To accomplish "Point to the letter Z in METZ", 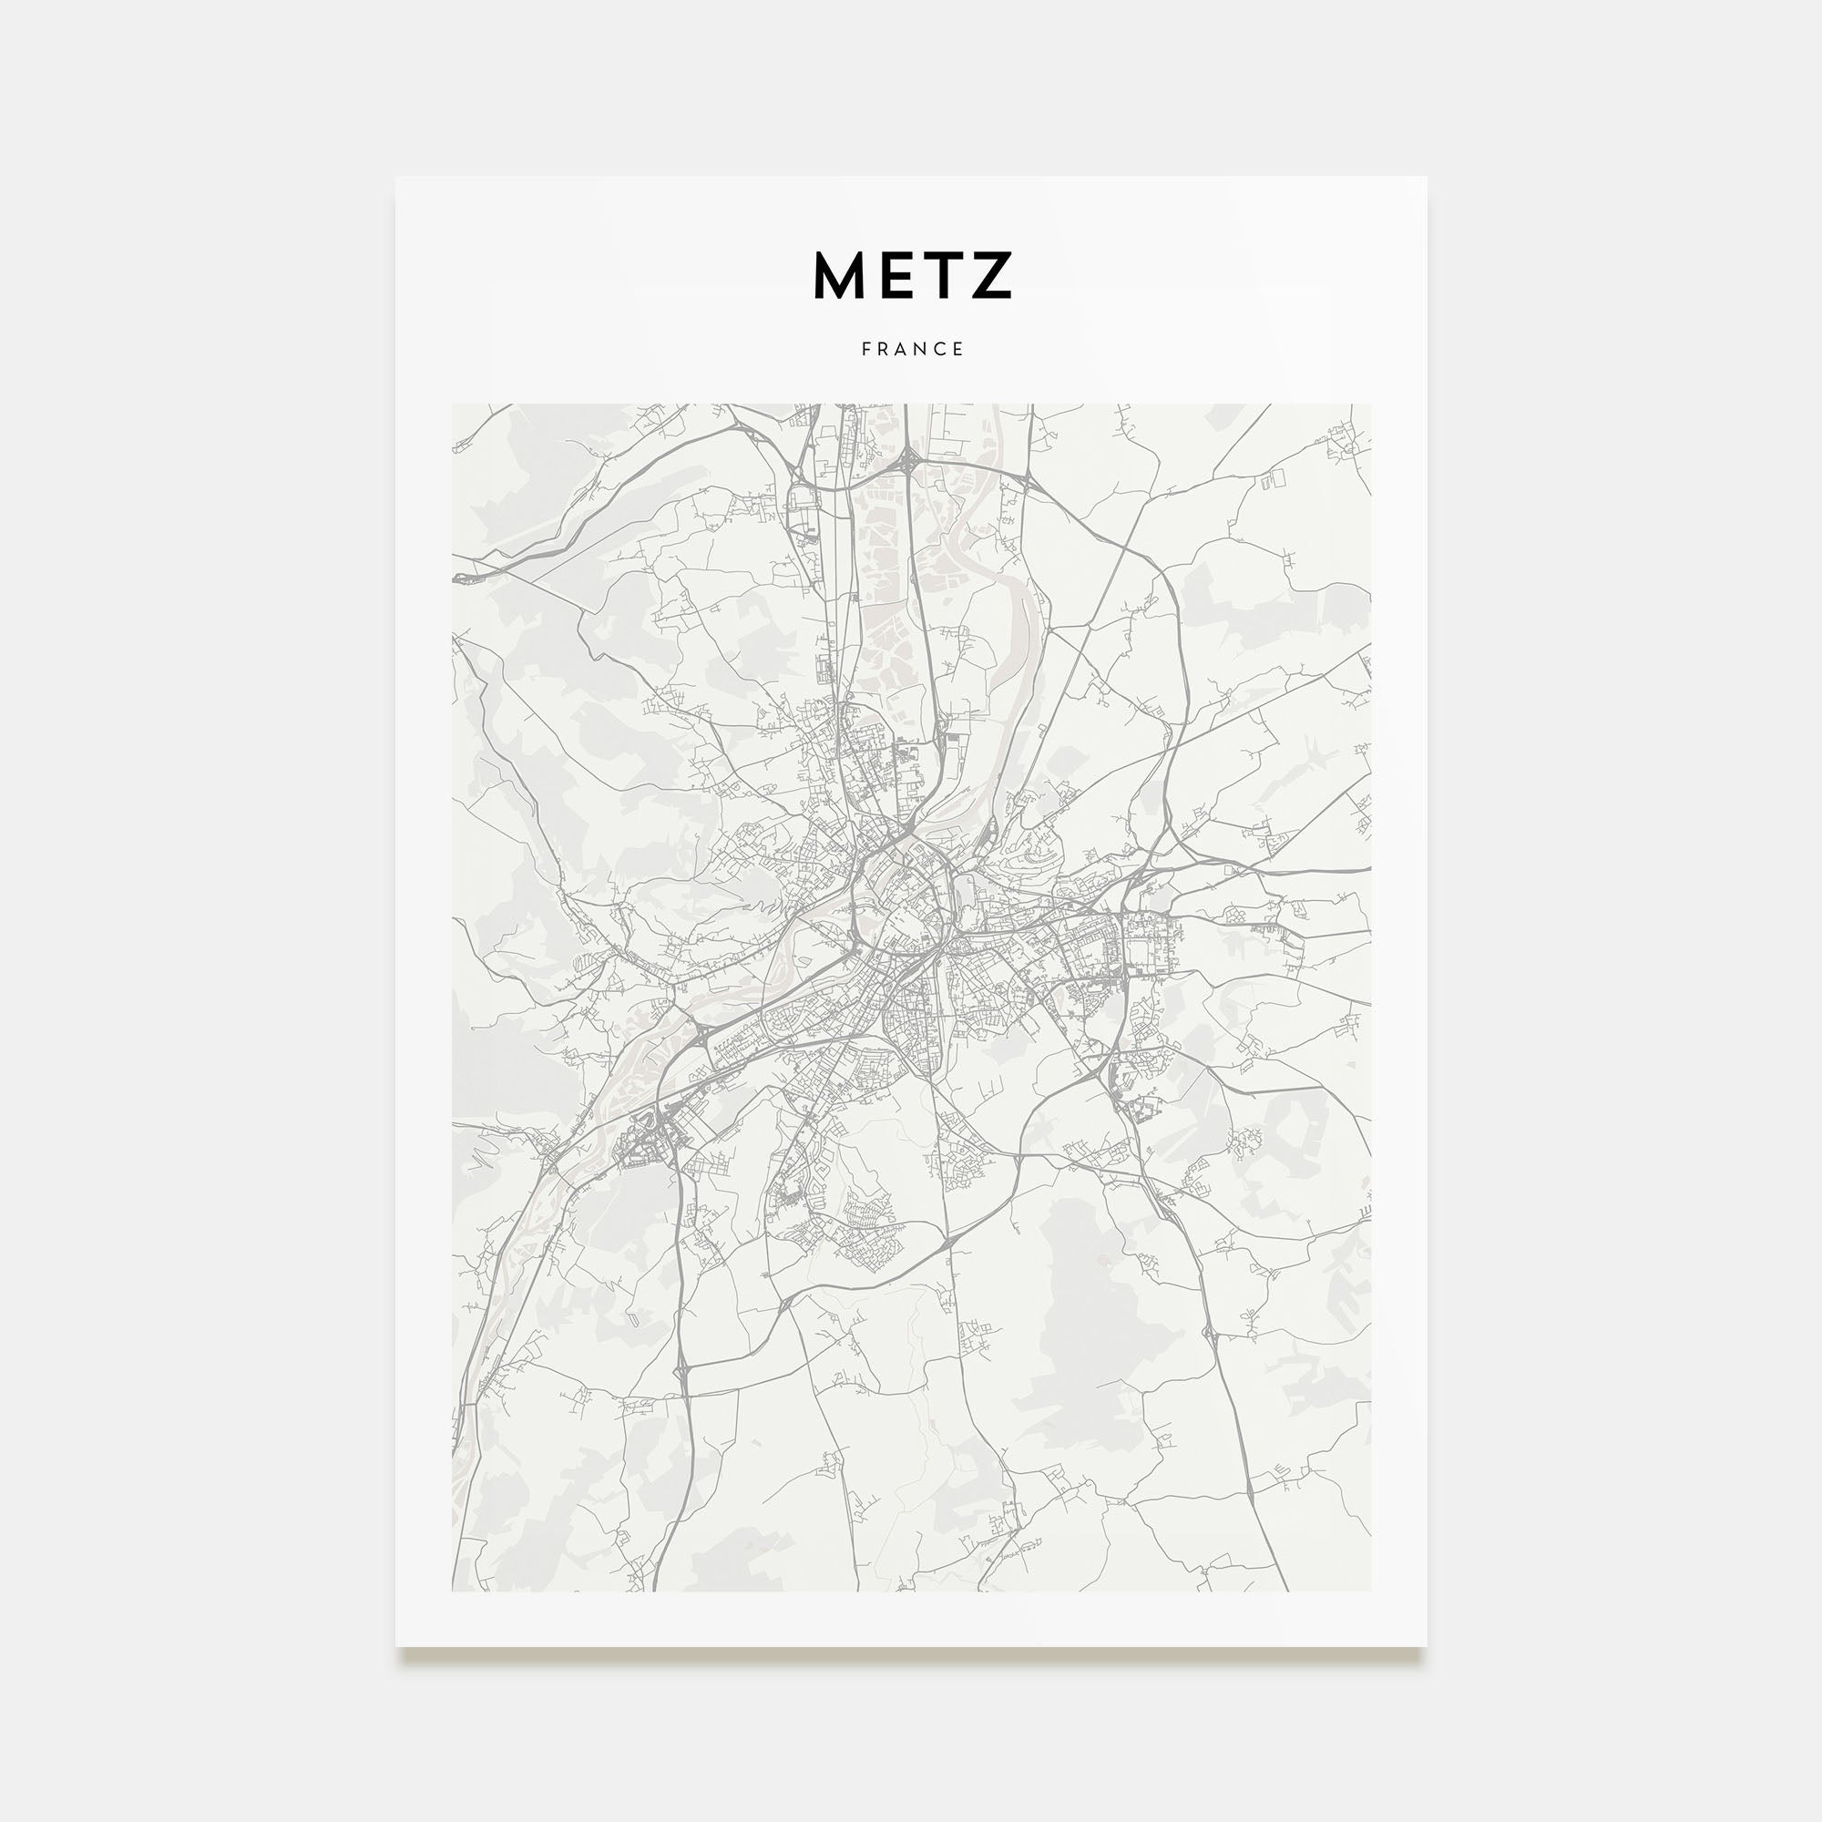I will [x=991, y=275].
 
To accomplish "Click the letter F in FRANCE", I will [x=865, y=349].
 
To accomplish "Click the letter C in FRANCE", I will [x=941, y=349].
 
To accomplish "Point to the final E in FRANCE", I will [x=959, y=349].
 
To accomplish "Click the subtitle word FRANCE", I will [x=912, y=349].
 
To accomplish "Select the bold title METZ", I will [x=912, y=275].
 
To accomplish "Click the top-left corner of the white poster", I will [x=397, y=179].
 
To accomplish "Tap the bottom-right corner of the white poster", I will [x=1425, y=1645].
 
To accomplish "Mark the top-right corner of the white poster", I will [x=1425, y=179].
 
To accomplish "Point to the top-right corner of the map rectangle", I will [x=1370, y=405].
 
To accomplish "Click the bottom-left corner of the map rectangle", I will [x=453, y=1591].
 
